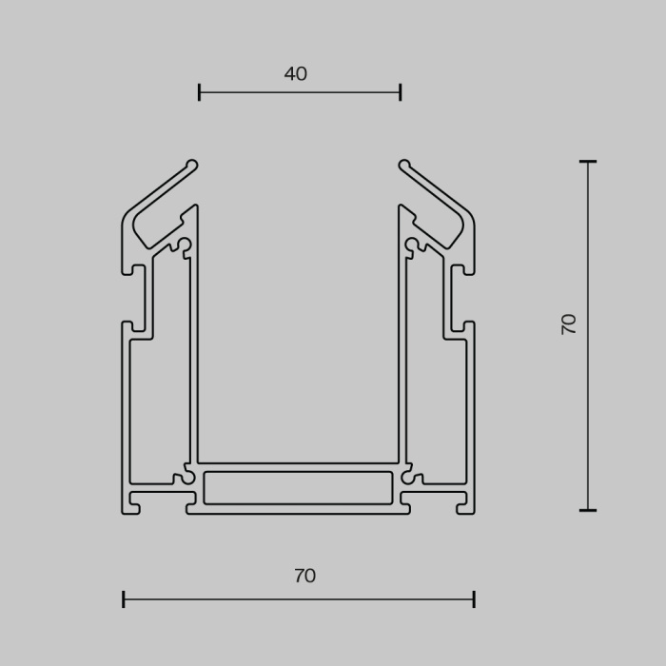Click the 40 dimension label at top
coord(296,74)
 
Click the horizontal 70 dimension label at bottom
coord(304,576)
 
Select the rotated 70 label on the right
coord(569,323)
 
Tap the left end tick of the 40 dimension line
coord(199,92)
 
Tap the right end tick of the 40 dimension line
coord(401,92)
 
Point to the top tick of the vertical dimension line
coord(587,162)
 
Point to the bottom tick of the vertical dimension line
coord(587,510)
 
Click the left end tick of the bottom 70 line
coord(124,599)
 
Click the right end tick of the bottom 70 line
coord(474,599)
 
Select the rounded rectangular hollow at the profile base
coord(298,487)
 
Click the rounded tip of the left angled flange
coord(192,165)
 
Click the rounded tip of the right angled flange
coord(404,165)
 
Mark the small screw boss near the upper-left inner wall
coord(185,245)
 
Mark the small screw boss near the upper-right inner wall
coord(411,245)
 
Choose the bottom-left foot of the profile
coord(132,504)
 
